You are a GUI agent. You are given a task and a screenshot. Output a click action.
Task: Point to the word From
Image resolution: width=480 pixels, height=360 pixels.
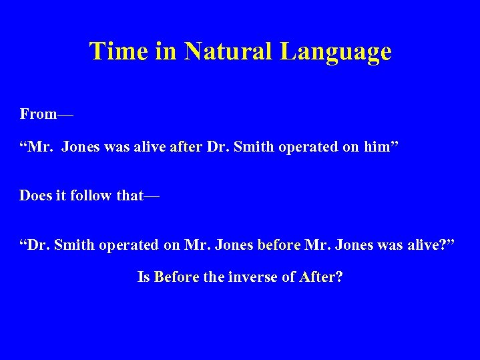38,114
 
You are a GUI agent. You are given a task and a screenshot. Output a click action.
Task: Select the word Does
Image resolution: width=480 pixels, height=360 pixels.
35,196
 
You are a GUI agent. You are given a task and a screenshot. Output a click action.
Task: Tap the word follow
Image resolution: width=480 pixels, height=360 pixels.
86,196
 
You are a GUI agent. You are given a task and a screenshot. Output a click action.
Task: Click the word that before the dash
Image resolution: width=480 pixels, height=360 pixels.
129,196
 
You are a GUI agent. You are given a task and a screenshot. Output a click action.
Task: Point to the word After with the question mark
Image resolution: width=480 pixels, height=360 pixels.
321,277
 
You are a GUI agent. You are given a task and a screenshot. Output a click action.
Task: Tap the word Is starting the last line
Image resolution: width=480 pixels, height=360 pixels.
144,277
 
